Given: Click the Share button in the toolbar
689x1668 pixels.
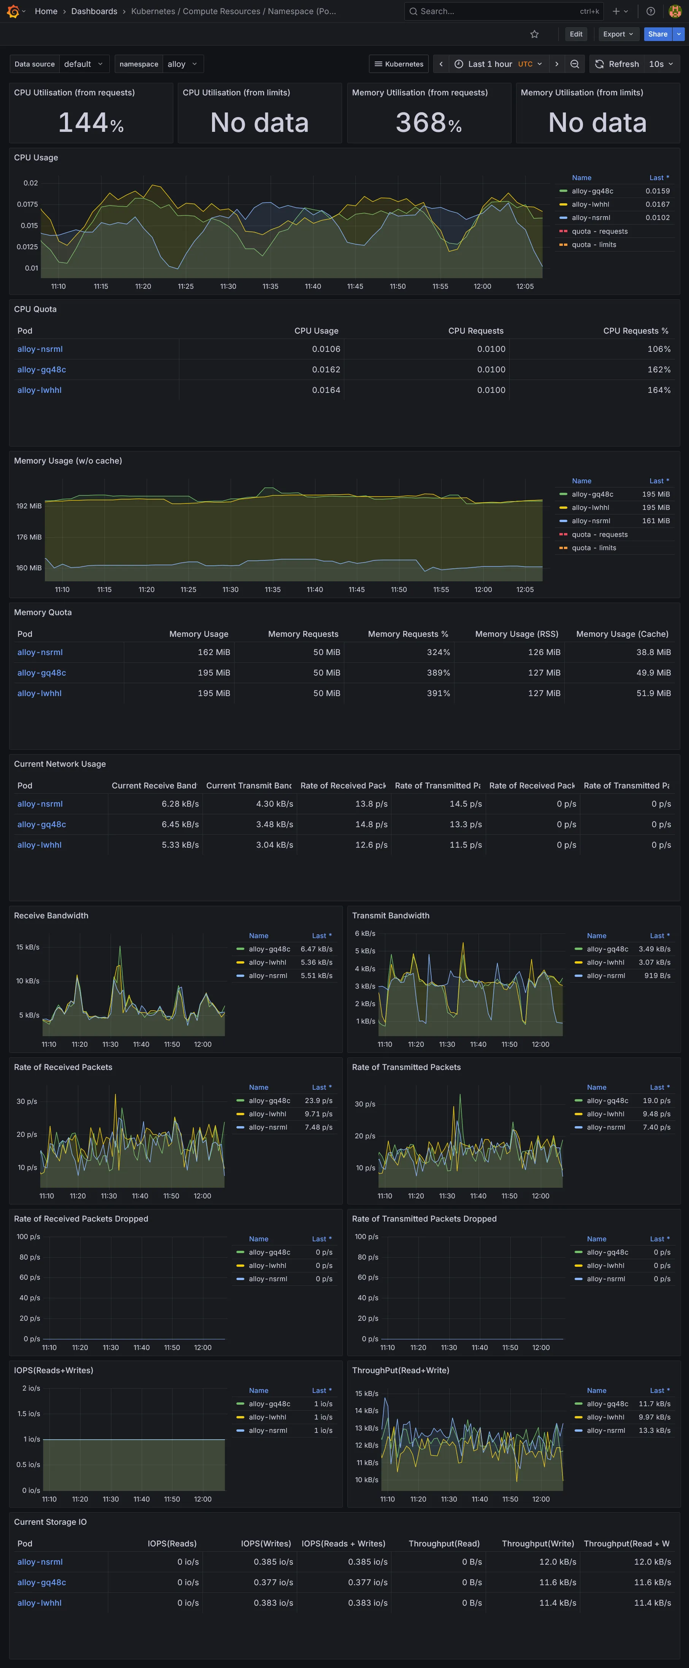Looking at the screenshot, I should [657, 34].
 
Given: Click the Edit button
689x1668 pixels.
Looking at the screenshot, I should [576, 34].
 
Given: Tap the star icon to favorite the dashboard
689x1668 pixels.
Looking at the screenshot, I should [534, 34].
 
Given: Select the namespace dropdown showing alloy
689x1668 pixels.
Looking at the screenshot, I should [181, 64].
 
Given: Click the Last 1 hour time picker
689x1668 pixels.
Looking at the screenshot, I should [497, 64].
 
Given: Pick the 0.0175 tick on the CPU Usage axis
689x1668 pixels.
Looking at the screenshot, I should [27, 204].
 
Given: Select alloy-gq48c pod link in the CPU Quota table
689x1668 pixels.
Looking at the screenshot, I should [41, 370].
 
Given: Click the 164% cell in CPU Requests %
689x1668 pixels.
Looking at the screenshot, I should [659, 390].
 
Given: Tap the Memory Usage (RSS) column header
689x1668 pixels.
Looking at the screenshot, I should [516, 634].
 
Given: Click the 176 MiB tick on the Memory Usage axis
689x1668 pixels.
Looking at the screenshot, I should [29, 537].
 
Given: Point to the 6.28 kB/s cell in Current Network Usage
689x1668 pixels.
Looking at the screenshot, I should [180, 804].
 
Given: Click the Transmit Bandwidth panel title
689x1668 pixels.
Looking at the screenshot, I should [390, 916].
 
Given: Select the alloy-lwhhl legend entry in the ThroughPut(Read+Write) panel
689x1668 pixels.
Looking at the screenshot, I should [605, 1417].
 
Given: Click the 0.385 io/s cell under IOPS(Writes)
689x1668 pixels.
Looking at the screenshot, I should [273, 1562].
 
